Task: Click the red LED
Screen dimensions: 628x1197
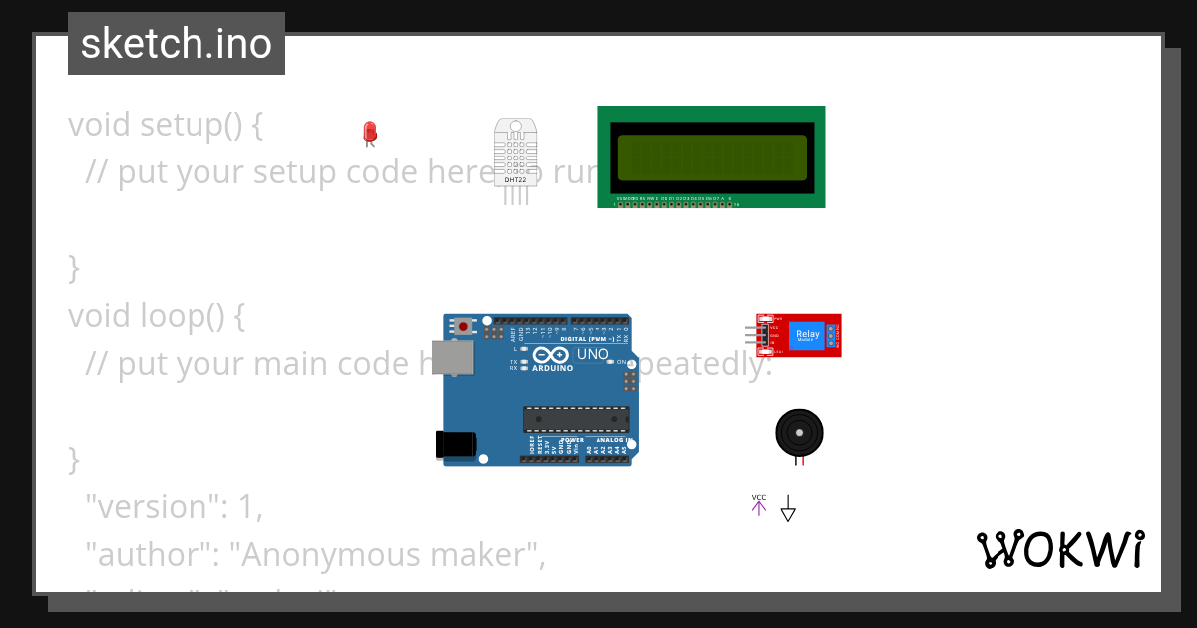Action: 370,132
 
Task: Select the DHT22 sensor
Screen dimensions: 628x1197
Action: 515,156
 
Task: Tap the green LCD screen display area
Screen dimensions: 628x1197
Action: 711,157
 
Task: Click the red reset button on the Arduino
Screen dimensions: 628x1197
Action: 463,325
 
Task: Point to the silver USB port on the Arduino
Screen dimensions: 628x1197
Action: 452,357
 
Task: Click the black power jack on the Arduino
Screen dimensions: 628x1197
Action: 454,444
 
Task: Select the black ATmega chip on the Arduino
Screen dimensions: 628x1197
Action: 577,420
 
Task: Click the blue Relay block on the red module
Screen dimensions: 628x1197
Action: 807,335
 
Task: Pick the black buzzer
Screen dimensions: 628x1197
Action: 800,432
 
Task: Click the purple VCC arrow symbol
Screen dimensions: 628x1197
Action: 759,506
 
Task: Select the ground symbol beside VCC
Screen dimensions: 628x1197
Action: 788,509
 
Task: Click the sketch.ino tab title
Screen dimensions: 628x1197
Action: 177,44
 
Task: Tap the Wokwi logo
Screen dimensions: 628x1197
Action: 1060,549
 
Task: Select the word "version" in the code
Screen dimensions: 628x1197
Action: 150,507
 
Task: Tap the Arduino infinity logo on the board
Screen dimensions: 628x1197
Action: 552,355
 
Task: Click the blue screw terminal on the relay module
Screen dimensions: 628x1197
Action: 832,335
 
